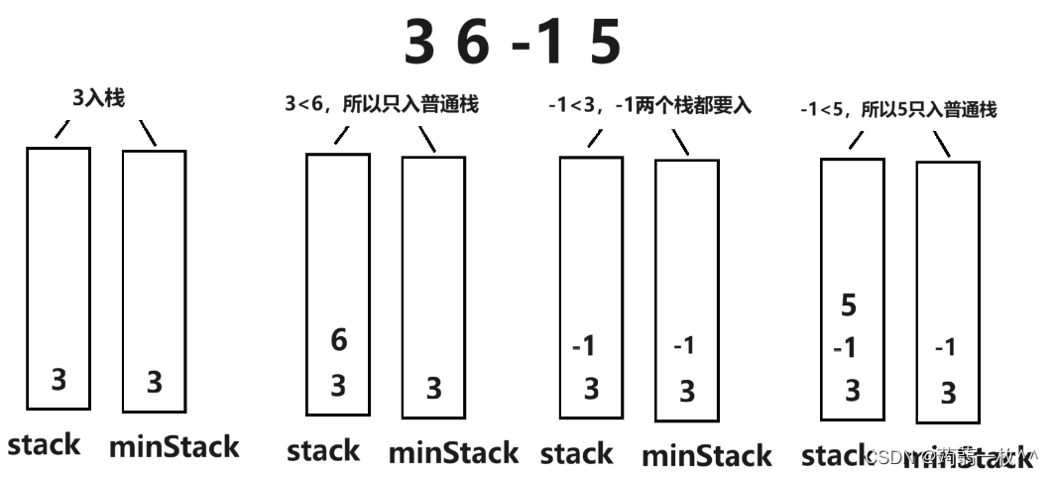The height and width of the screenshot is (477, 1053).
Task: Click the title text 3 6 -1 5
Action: pos(513,44)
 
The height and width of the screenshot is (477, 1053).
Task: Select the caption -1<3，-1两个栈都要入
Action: pos(649,104)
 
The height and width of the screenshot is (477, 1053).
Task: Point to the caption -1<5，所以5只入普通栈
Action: pos(898,110)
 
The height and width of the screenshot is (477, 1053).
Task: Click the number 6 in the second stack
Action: pos(338,341)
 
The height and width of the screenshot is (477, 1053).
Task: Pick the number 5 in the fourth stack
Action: pos(848,306)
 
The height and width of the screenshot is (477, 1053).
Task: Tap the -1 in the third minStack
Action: pos(684,347)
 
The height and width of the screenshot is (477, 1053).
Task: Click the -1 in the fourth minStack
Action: pos(946,348)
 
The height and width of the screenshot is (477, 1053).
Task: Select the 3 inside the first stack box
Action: pos(58,380)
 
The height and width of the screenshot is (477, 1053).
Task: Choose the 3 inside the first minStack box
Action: pos(154,383)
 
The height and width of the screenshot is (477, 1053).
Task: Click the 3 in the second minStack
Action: pos(433,388)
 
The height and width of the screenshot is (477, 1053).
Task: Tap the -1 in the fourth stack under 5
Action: pos(845,349)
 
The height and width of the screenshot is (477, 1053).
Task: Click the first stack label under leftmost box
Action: pos(44,444)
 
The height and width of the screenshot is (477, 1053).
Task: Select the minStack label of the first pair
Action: pos(174,446)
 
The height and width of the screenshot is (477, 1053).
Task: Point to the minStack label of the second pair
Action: pos(453,453)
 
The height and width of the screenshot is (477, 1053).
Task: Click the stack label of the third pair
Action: pos(576,454)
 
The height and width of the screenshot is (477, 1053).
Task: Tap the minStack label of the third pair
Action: pos(706,456)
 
